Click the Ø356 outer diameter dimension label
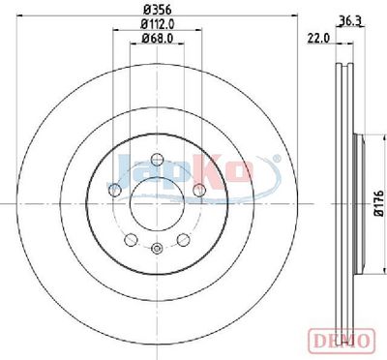(x=157, y=10)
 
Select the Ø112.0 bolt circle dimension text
(x=158, y=24)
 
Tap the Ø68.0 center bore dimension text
(x=158, y=39)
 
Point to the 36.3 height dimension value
(x=350, y=21)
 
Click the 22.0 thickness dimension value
(x=318, y=39)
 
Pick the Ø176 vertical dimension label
(x=380, y=203)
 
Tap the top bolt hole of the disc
(x=157, y=159)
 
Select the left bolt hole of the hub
(x=115, y=190)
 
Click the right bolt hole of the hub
(x=199, y=190)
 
